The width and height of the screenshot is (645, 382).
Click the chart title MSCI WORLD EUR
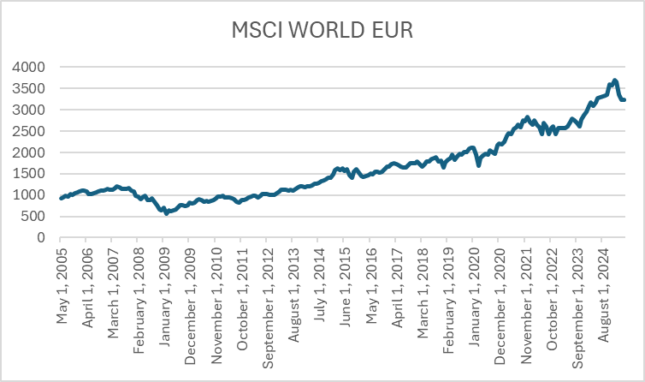322,32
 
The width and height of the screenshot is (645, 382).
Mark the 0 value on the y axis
41,238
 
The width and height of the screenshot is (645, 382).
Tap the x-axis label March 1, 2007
113,288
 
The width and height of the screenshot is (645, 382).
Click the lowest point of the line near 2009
166,212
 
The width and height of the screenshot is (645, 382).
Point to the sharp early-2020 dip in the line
479,164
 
